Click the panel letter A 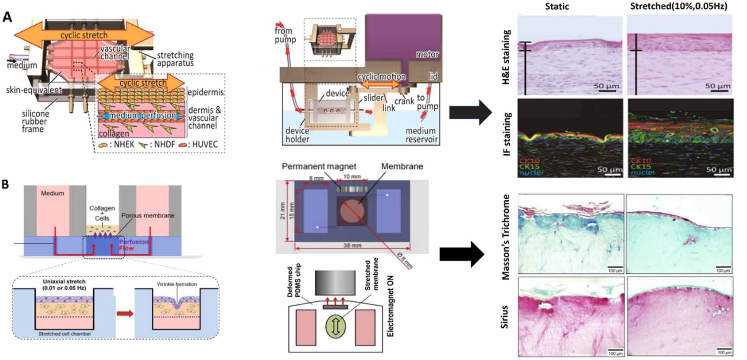(7, 17)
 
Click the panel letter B (5, 184)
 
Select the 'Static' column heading (557, 6)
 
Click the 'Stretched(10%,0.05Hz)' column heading (679, 6)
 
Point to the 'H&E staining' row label (506, 56)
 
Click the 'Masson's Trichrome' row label (506, 237)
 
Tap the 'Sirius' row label (504, 317)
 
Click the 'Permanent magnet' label (319, 166)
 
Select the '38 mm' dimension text (352, 246)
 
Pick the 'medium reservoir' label (421, 135)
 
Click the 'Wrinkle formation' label (177, 284)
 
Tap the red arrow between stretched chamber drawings (125, 313)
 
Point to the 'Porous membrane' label (148, 215)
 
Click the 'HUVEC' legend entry (204, 144)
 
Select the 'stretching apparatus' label (175, 59)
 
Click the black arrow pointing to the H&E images (470, 112)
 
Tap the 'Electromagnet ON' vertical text (390, 306)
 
